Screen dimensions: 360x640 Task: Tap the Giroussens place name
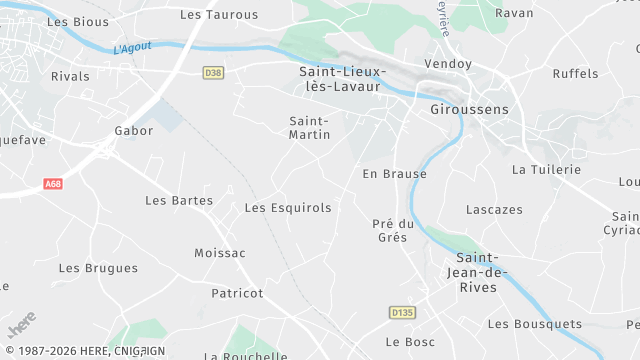[x=468, y=109]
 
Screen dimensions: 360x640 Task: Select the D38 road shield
[x=213, y=72]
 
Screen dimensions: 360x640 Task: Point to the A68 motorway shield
[x=53, y=184]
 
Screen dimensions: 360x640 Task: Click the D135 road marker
[x=402, y=313]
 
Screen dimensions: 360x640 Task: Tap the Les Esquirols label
[x=288, y=208]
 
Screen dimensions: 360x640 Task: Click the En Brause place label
[x=394, y=174]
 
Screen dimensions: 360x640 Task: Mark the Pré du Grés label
[x=392, y=230]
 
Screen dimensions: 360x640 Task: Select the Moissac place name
[x=219, y=253]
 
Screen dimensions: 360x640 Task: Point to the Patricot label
[x=237, y=293]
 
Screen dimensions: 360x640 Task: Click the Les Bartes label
[x=179, y=200]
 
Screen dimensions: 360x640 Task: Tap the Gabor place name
[x=134, y=131]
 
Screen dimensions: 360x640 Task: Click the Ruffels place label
[x=575, y=74]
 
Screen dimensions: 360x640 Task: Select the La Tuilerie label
[x=546, y=170]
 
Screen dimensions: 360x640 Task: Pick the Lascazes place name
[x=494, y=210]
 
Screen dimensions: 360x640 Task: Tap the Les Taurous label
[x=219, y=15]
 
